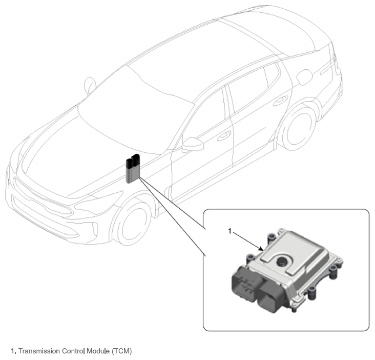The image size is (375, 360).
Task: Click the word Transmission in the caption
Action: (x=39, y=351)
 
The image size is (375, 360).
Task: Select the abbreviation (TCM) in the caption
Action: (x=122, y=351)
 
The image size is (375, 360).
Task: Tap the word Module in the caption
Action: (x=98, y=351)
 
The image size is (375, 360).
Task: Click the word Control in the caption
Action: (x=73, y=351)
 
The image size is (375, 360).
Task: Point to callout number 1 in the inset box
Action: (x=230, y=231)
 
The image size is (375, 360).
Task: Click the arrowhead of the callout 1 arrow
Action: (x=261, y=249)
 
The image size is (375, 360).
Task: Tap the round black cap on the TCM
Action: (x=282, y=261)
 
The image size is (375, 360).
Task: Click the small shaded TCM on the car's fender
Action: (x=133, y=169)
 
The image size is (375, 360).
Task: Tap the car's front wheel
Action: (x=132, y=223)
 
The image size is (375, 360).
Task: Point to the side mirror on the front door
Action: (x=193, y=144)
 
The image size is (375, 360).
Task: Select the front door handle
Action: (x=224, y=136)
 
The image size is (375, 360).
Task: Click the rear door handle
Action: (x=281, y=100)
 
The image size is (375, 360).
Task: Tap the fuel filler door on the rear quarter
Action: (x=305, y=77)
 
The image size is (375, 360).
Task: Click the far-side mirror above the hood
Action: (x=90, y=86)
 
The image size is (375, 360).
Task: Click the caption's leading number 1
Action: (x=12, y=351)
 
